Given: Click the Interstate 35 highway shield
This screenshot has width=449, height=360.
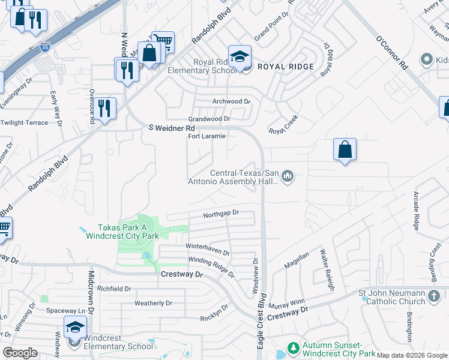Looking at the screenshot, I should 45,46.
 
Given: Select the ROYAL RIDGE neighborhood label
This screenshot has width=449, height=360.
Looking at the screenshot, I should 286,67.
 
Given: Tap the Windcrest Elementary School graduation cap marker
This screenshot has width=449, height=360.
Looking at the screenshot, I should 76,328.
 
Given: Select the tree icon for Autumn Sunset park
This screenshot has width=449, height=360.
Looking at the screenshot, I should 293,349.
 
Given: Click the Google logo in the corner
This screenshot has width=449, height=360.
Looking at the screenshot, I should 20,353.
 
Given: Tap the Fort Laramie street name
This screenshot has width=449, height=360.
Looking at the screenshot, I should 207,136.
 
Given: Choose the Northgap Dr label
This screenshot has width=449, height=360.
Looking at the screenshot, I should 221,214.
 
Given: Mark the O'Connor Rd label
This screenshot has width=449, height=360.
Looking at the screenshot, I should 391,53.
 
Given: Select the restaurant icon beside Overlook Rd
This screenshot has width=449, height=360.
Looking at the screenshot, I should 105,109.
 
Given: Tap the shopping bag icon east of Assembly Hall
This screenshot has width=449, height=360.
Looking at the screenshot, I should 345,149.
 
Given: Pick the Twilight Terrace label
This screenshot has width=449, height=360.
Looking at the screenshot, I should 24,122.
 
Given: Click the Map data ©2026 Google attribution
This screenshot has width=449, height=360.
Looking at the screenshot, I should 412,355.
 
